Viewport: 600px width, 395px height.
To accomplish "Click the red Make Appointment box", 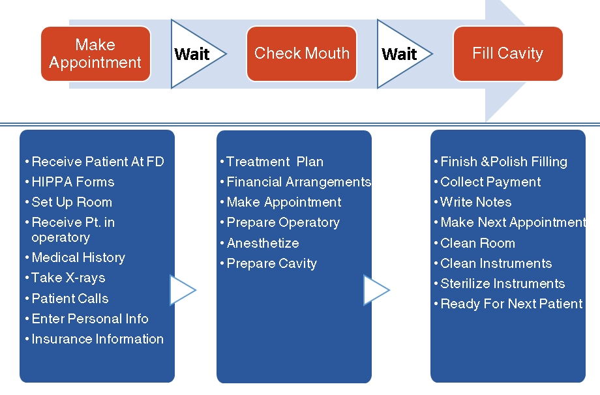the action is click(96, 53).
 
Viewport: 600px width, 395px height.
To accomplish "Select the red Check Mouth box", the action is click(301, 53).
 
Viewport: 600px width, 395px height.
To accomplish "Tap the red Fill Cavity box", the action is click(508, 53).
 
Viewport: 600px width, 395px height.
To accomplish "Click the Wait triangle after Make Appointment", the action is click(195, 54).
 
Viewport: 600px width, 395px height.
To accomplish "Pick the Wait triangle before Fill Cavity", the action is click(402, 54).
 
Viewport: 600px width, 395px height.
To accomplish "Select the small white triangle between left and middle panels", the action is click(183, 290).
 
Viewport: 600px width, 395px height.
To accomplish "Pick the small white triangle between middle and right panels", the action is click(376, 290).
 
